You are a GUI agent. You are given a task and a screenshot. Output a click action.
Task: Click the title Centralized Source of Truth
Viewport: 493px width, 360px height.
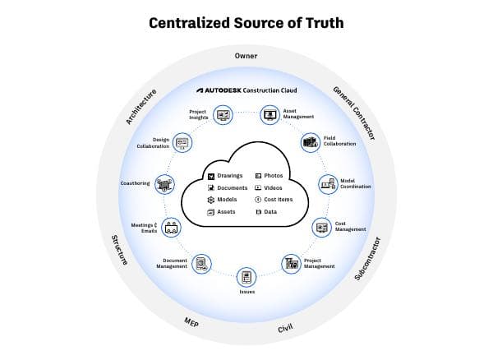pos(246,22)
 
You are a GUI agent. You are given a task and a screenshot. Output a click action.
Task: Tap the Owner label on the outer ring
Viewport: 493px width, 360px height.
pos(246,56)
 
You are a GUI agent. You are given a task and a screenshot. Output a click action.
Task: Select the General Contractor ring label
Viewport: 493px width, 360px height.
pos(353,112)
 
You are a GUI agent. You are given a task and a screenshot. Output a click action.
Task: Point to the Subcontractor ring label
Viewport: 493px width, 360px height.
pos(367,259)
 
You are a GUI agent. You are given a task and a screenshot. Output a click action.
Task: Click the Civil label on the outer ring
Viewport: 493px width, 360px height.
pos(285,329)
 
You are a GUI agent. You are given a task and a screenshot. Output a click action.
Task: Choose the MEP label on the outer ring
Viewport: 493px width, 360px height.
pos(191,323)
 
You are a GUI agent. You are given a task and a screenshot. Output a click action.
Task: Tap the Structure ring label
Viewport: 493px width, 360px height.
pos(119,249)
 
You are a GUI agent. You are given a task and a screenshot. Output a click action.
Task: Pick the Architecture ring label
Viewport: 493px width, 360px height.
pos(141,107)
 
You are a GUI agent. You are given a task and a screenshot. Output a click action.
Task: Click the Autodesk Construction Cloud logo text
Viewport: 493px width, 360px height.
pos(246,90)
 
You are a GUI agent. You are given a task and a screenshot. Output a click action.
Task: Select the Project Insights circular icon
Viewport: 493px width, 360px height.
pos(221,115)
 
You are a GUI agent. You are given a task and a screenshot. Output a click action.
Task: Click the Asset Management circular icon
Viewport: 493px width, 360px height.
pos(270,115)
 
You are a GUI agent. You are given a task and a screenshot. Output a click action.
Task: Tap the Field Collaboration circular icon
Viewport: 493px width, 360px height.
pos(310,142)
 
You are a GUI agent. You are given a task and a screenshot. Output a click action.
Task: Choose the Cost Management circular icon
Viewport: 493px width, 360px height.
pos(320,226)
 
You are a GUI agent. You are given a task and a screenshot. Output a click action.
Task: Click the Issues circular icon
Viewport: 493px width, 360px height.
pos(246,278)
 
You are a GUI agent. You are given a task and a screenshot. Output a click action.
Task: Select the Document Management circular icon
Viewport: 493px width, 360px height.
pos(201,264)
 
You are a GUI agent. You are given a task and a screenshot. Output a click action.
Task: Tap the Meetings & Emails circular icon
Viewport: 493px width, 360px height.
pos(171,228)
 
